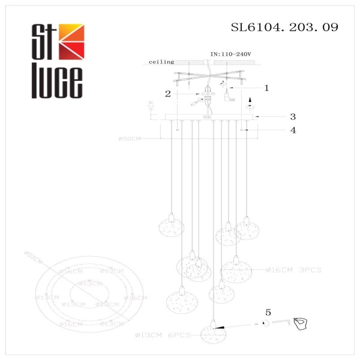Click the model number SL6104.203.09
(284, 27)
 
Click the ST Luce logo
(58, 60)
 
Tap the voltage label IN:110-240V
(231, 54)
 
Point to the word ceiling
(161, 61)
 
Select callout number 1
(266, 88)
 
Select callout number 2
(169, 94)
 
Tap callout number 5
(268, 312)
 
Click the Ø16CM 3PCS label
(294, 270)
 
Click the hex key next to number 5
(279, 322)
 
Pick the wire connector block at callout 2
(208, 94)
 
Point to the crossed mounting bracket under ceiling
(207, 77)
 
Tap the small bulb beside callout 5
(264, 323)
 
